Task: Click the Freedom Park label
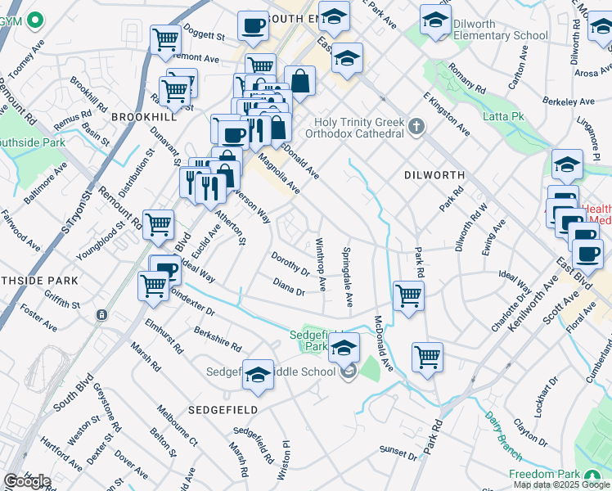click(x=543, y=475)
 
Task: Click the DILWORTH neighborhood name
click(x=434, y=175)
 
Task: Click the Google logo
click(x=28, y=481)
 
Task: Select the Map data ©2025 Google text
click(x=561, y=484)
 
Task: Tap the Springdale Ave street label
click(x=348, y=277)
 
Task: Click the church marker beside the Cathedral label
click(x=417, y=126)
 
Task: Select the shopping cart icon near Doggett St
click(x=166, y=38)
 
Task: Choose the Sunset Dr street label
click(x=398, y=450)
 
